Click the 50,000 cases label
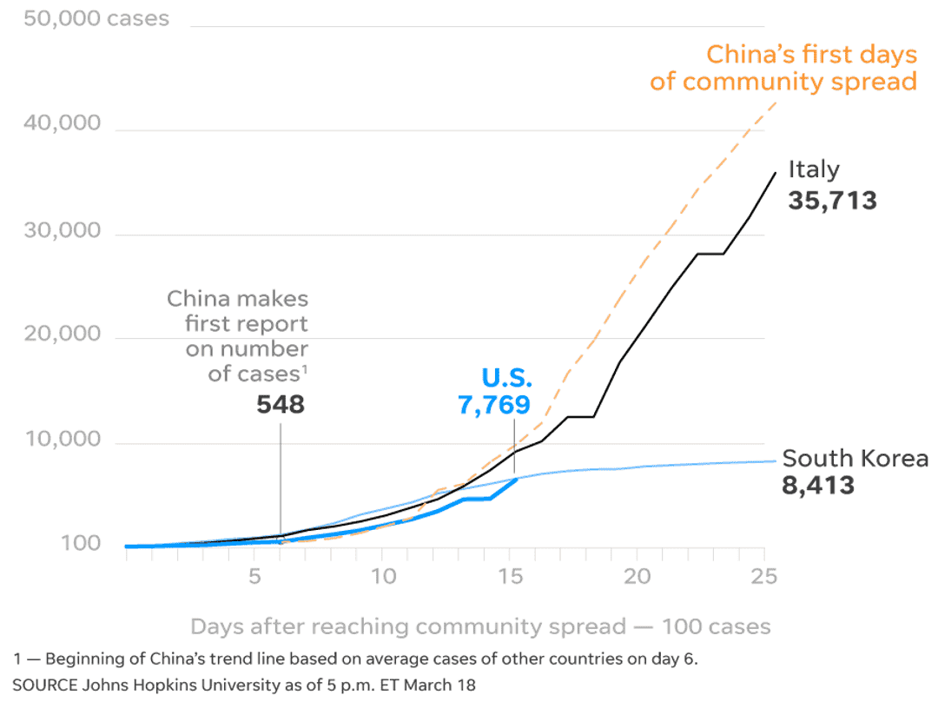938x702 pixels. pyautogui.click(x=96, y=17)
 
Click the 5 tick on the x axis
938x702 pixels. pyautogui.click(x=254, y=577)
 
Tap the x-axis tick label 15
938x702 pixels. pyautogui.click(x=511, y=577)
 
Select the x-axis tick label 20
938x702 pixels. pyautogui.click(x=637, y=577)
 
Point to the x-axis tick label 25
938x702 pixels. pyautogui.click(x=764, y=577)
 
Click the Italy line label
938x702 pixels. pyautogui.click(x=814, y=169)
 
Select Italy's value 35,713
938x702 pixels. pyautogui.click(x=832, y=202)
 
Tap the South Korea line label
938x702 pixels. pyautogui.click(x=855, y=458)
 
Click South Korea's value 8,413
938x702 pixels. pyautogui.click(x=818, y=485)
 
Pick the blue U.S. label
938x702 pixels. pyautogui.click(x=506, y=379)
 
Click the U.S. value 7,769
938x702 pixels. pyautogui.click(x=493, y=405)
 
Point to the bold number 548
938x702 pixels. pyautogui.click(x=281, y=405)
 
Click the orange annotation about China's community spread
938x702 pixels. pyautogui.click(x=783, y=68)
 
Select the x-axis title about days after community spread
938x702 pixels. pyautogui.click(x=480, y=626)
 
